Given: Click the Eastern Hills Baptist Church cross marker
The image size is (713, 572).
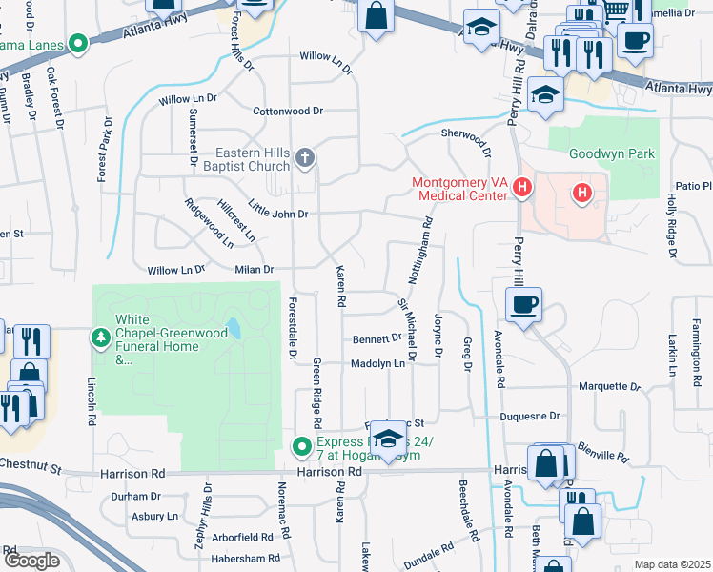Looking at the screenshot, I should pyautogui.click(x=304, y=157).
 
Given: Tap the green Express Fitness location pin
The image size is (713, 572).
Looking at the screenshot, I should pyautogui.click(x=302, y=446).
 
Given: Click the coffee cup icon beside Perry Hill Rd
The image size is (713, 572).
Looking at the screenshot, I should pyautogui.click(x=523, y=306).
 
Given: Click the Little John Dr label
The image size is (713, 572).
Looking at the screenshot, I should pyautogui.click(x=277, y=214).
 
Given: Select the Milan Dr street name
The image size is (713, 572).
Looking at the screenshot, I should pyautogui.click(x=255, y=270).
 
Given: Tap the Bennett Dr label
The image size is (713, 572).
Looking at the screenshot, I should pyautogui.click(x=377, y=338).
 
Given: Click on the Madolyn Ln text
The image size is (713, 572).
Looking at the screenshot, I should pyautogui.click(x=378, y=363).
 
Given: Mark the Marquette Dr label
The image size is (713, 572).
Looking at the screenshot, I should pyautogui.click(x=610, y=386).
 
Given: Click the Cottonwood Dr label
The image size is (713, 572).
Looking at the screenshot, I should pyautogui.click(x=289, y=111).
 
